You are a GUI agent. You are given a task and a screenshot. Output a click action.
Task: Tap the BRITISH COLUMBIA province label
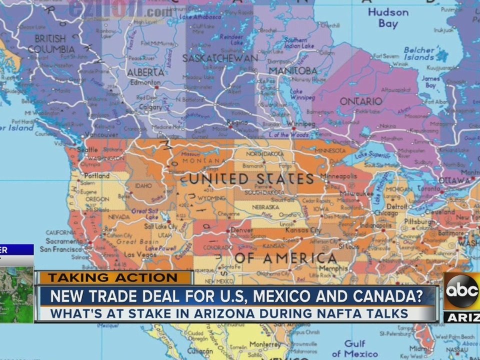[x=51, y=43]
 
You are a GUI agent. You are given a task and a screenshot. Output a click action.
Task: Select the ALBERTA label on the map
[x=145, y=72]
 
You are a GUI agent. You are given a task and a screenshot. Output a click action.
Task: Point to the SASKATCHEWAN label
[x=220, y=58]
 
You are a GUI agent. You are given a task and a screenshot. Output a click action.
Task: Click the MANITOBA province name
[x=293, y=70]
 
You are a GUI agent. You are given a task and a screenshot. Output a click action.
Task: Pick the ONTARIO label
[x=361, y=101]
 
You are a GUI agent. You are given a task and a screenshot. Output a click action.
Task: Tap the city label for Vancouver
[x=101, y=134]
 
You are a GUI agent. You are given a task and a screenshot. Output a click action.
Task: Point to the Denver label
[x=242, y=230]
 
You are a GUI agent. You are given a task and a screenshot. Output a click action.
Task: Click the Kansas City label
[x=303, y=230]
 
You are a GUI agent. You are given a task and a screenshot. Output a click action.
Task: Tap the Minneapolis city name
[x=338, y=176]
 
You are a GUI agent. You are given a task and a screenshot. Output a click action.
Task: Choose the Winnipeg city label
[x=300, y=123]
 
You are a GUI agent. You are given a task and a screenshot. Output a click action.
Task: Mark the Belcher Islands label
[x=419, y=53]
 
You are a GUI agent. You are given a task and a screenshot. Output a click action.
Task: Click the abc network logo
[x=461, y=292]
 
